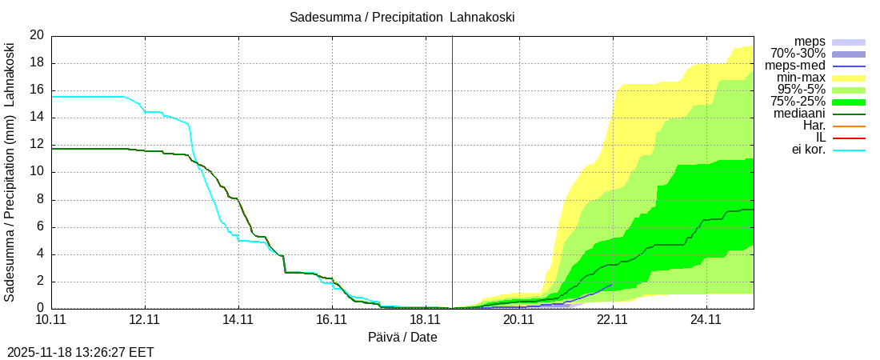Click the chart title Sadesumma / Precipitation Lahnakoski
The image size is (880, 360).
click(x=402, y=17)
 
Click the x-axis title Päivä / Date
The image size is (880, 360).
click(x=402, y=337)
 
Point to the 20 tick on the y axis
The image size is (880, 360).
click(x=37, y=35)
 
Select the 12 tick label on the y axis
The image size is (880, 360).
click(x=37, y=145)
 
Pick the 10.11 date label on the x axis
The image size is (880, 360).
click(x=51, y=319)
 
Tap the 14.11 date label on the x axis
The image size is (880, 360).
click(x=238, y=319)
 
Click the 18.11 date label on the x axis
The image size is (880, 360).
click(x=426, y=319)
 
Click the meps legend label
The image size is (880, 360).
click(x=810, y=42)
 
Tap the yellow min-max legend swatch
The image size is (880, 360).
click(x=849, y=78)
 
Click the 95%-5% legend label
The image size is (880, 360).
click(x=801, y=90)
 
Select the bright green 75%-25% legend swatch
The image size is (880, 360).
click(x=849, y=102)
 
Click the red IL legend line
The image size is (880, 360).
click(x=849, y=138)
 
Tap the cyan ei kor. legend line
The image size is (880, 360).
click(x=849, y=150)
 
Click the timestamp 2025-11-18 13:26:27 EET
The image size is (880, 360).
click(x=81, y=352)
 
